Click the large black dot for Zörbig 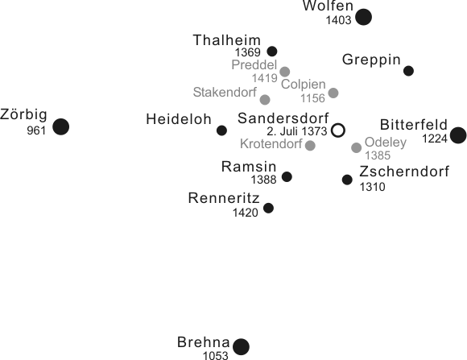point(60,126)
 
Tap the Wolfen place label point(328,6)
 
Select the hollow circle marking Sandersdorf point(338,130)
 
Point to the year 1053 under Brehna point(216,355)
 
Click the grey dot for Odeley point(356,147)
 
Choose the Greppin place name point(371,60)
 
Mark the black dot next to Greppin point(408,71)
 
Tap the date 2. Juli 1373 point(296,131)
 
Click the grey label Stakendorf point(225,93)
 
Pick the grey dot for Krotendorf point(310,146)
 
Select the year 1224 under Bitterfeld point(435,139)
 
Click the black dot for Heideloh point(221,130)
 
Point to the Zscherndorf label point(404,172)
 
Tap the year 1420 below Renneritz point(245,213)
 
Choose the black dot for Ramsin point(287,176)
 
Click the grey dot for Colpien point(333,93)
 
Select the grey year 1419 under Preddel point(265,78)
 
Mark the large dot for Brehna point(241,346)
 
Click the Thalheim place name point(226,40)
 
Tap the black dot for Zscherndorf point(347,180)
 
